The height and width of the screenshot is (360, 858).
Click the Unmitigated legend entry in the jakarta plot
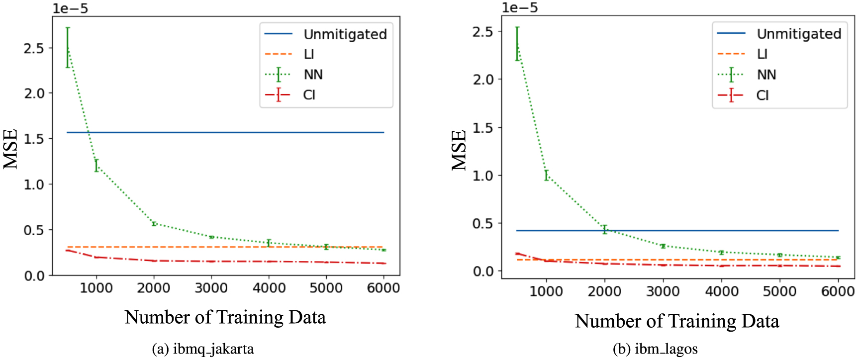(x=345, y=34)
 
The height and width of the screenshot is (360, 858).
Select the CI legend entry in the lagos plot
(x=762, y=95)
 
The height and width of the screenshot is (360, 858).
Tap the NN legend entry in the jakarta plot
(x=313, y=75)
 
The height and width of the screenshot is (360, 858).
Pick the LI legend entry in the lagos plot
(x=762, y=54)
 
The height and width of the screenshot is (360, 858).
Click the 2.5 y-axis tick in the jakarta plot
(x=34, y=48)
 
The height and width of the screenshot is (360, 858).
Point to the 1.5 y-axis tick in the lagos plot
(x=483, y=128)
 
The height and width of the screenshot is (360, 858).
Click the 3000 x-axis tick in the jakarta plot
(x=211, y=288)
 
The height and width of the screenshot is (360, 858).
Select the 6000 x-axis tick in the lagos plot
(x=838, y=291)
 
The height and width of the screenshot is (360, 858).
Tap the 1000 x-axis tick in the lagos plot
(x=546, y=291)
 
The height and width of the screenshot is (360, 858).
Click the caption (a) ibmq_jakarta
(x=203, y=349)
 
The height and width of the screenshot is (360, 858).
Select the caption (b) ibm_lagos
(x=655, y=349)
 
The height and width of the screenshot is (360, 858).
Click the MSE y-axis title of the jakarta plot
(x=11, y=149)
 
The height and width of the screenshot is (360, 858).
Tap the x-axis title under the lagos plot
(x=676, y=321)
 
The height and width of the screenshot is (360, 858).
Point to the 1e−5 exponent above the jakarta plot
(x=70, y=8)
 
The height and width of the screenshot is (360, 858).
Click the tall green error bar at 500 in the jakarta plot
(x=68, y=47)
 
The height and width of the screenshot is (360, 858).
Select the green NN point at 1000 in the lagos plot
(x=547, y=175)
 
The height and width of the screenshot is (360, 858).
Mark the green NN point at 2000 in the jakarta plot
(x=154, y=224)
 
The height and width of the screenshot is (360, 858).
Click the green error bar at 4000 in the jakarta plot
(x=269, y=243)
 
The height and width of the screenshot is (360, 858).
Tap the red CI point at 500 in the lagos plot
(x=518, y=254)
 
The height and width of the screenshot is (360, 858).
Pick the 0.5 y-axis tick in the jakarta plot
(x=34, y=230)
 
